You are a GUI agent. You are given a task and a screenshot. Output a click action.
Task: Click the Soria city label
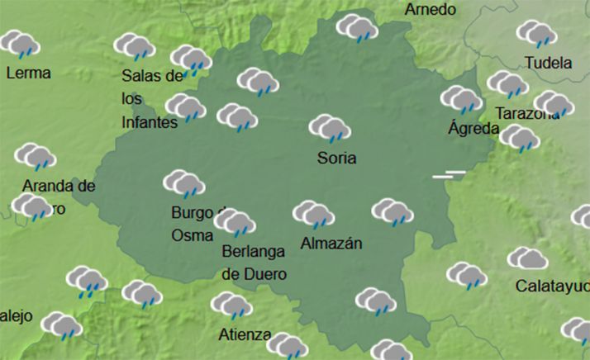point(337,157)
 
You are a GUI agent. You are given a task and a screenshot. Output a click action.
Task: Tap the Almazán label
point(331,244)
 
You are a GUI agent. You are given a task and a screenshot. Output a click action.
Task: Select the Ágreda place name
point(473,128)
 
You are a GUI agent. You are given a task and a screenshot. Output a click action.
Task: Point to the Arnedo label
point(430,10)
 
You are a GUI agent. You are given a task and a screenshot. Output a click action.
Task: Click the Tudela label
point(548,63)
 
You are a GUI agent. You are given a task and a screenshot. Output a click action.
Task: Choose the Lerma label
point(28,73)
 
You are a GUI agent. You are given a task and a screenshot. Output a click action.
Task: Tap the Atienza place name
point(245,334)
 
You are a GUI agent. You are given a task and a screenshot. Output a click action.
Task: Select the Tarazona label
point(526,114)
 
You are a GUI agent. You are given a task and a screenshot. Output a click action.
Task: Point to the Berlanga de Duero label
point(254,263)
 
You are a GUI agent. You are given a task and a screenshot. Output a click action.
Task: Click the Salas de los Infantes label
point(151,99)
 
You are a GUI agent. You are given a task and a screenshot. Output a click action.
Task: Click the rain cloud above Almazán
point(313,215)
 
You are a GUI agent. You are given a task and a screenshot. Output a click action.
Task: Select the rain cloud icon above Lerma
point(21,44)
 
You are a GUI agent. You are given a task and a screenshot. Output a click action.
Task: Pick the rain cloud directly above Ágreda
point(461,100)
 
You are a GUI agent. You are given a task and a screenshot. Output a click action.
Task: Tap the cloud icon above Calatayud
point(527,259)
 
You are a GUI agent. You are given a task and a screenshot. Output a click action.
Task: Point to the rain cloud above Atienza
point(231,306)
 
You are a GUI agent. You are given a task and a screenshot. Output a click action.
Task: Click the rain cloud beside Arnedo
point(357,28)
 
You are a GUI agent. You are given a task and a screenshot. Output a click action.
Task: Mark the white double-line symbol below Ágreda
point(450,174)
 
